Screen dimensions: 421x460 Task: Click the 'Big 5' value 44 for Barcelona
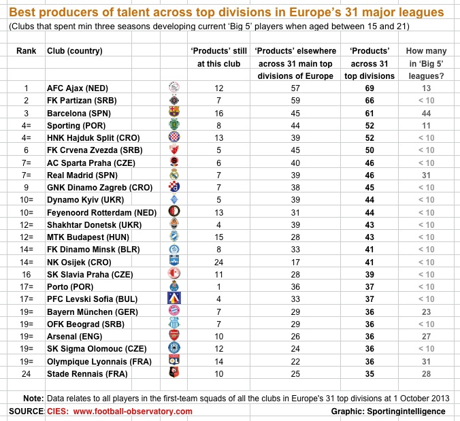tap(427, 113)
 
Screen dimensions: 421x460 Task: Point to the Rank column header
tap(26, 51)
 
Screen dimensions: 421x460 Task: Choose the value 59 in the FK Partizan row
tap(294, 101)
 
